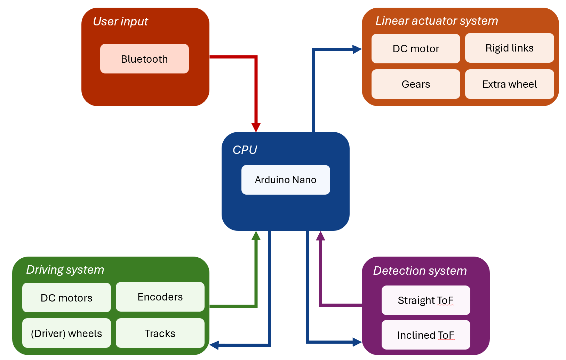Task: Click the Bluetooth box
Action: pos(144,58)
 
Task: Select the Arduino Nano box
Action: pos(286,180)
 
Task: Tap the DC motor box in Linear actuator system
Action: pos(416,48)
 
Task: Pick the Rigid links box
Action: pos(509,48)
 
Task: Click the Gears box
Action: pos(416,84)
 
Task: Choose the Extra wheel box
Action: pos(509,84)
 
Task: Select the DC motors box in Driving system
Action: pos(66,298)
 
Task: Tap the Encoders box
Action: pos(160,297)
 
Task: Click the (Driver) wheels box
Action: pos(66,333)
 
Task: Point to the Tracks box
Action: pos(160,333)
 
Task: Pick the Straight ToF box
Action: pos(426,300)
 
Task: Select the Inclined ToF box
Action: pos(426,335)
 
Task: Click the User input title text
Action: pos(120,22)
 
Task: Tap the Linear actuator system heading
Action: pos(437,21)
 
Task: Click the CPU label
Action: pos(245,150)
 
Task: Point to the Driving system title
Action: pos(65,270)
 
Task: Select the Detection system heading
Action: pos(420,271)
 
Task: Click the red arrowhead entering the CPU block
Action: pos(256,127)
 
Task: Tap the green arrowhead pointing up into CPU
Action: pos(256,235)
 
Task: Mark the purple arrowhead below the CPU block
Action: pos(320,236)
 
